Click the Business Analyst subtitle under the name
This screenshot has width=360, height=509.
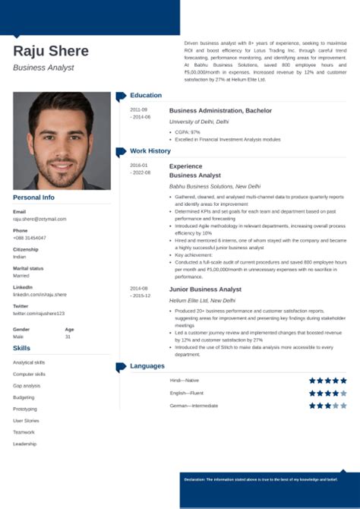click(43, 68)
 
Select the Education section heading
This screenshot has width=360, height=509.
click(146, 95)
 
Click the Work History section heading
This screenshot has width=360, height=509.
click(150, 150)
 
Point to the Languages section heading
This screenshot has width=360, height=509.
click(147, 366)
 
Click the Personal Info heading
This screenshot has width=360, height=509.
click(33, 198)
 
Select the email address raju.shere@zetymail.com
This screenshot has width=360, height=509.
click(39, 218)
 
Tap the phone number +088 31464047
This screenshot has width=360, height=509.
click(30, 237)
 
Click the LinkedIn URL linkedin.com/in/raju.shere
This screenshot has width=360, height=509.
click(39, 294)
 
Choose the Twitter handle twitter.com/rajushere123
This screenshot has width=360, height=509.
click(39, 313)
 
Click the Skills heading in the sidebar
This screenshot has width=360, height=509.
click(22, 347)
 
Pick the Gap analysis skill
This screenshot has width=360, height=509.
click(26, 385)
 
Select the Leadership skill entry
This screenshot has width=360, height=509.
click(24, 443)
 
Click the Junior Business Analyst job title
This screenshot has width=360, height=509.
click(205, 289)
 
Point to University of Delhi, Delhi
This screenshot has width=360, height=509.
click(199, 122)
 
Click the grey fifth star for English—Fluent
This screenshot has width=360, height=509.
click(344, 393)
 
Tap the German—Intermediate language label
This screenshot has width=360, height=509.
click(194, 406)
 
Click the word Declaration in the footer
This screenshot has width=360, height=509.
click(195, 479)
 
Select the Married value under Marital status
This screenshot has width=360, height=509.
click(21, 275)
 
